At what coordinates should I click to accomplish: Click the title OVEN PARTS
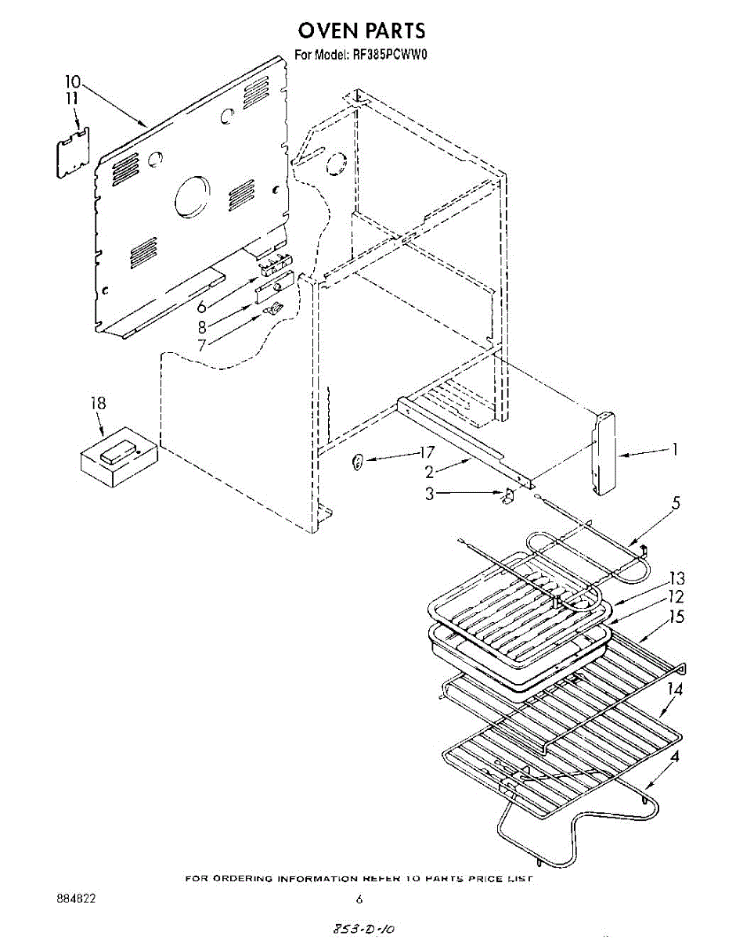[362, 31]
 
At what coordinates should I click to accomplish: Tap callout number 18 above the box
[98, 404]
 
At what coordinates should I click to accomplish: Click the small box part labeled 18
[118, 457]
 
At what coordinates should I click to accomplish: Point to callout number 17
[426, 452]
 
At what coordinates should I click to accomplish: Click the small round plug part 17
[357, 462]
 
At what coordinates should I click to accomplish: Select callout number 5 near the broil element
[676, 504]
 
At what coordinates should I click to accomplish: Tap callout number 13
[676, 578]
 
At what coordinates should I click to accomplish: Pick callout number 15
[676, 617]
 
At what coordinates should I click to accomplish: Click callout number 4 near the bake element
[675, 757]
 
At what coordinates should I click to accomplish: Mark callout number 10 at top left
[72, 81]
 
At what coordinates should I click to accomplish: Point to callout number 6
[201, 307]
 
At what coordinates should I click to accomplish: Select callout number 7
[203, 344]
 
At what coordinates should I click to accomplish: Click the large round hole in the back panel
[193, 196]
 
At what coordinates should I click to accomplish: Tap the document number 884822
[76, 900]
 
